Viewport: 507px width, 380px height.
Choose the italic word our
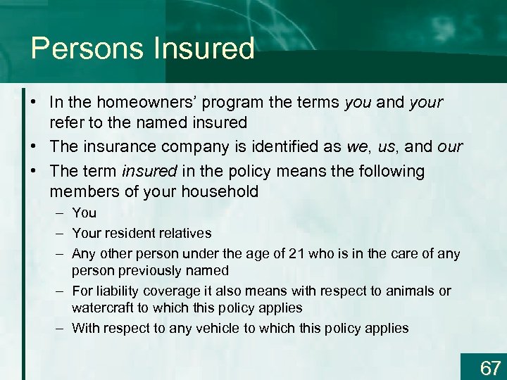[x=449, y=147]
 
